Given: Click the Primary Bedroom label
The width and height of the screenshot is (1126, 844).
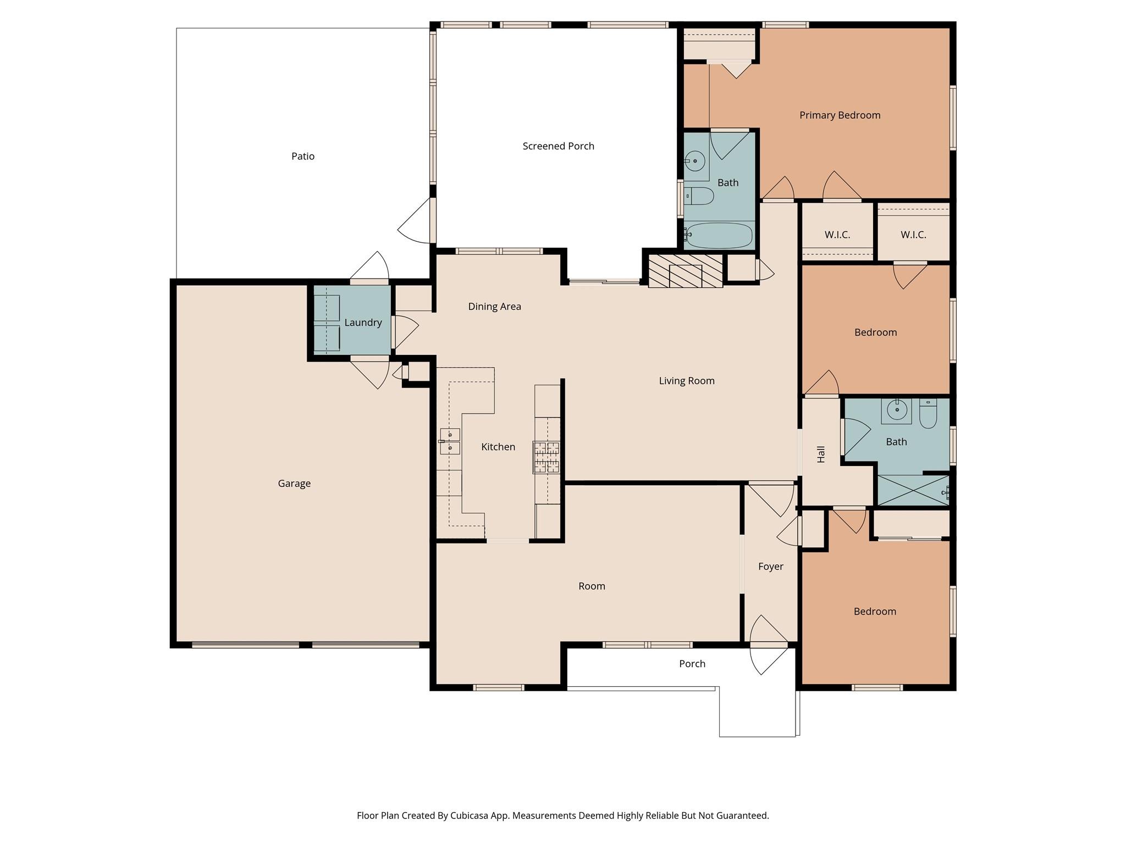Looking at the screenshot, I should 840,115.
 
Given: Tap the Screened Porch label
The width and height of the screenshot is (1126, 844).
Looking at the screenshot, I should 558,146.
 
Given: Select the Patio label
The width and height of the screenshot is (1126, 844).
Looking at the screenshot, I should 303,157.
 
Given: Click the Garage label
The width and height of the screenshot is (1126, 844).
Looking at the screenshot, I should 294,484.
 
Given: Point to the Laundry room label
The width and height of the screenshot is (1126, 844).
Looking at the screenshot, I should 363,323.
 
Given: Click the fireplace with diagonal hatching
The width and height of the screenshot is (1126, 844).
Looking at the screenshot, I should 685,271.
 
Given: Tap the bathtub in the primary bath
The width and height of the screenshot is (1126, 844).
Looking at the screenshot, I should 719,236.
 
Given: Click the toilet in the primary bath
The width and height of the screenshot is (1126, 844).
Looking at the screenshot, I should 699,196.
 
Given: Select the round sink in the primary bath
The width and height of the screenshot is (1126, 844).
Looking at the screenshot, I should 695,161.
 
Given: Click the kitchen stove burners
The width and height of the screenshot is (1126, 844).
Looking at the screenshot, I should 546,457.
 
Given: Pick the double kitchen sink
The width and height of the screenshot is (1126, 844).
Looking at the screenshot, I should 450,441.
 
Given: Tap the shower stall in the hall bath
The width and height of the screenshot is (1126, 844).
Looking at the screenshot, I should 913,490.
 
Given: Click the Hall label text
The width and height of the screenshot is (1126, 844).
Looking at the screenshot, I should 821,454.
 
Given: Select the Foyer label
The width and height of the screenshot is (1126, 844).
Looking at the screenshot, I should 770,567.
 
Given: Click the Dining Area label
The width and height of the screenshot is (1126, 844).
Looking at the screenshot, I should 494,307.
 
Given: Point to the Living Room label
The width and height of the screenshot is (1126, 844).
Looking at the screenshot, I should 687,381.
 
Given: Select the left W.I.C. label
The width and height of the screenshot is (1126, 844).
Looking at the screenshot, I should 837,235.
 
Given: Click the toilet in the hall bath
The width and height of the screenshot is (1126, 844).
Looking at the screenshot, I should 928,415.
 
